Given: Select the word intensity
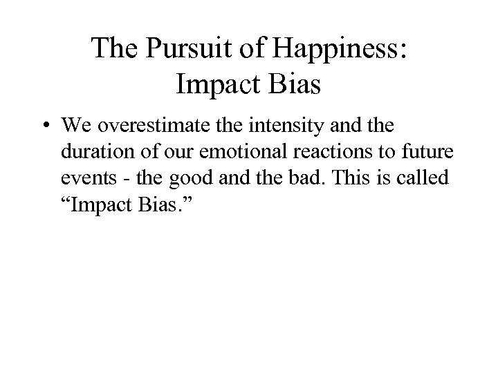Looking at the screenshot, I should tap(286, 127).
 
